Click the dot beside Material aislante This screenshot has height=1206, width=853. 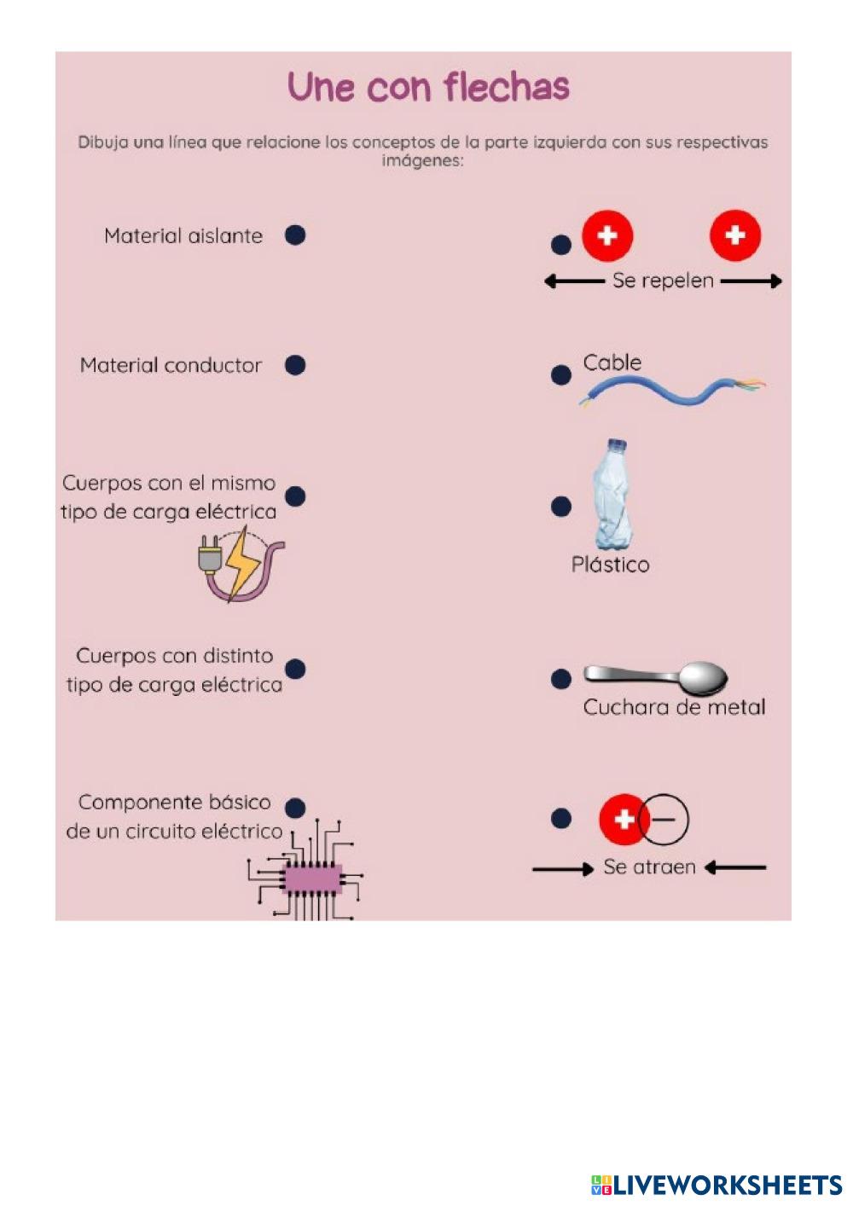(295, 235)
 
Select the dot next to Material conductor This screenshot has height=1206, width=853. (295, 365)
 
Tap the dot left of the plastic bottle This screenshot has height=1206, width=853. (561, 507)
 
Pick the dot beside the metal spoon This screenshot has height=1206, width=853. (561, 679)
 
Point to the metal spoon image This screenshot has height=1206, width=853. (656, 677)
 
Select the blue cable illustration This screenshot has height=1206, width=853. (673, 391)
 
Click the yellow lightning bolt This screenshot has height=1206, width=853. (241, 563)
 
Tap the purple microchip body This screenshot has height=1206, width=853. (313, 878)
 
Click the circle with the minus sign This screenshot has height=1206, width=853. (664, 820)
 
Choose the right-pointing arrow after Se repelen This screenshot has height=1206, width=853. (751, 281)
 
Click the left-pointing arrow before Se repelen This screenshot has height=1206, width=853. (574, 281)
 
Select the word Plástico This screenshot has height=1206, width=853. (610, 565)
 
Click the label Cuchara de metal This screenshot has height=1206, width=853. (674, 707)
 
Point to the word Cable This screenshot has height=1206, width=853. (612, 362)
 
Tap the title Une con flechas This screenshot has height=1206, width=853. (429, 87)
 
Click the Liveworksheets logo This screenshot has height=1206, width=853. (717, 1185)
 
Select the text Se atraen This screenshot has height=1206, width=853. (649, 867)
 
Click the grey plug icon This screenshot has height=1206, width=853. (210, 554)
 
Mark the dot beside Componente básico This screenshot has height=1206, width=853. (295, 808)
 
